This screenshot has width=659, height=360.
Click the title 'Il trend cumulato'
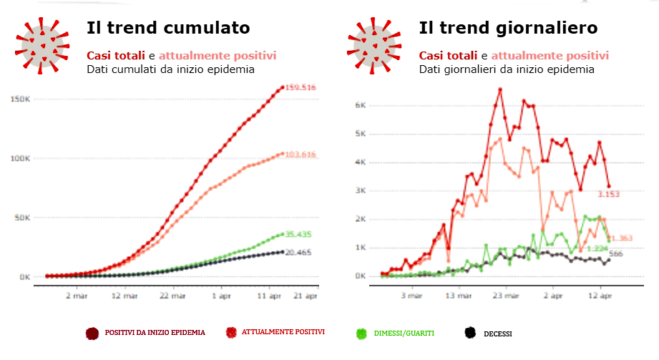(168, 29)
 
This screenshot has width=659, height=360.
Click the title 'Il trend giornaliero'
(508, 29)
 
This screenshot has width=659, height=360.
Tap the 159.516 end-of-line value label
(301, 87)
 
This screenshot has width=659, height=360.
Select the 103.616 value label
(301, 155)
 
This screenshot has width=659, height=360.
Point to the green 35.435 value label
(300, 234)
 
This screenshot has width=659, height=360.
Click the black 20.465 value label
(300, 253)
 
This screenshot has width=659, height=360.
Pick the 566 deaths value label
(616, 254)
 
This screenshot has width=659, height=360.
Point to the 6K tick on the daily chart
(361, 105)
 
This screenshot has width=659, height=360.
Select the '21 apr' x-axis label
(306, 294)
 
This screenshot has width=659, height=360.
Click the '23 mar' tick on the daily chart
(504, 294)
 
